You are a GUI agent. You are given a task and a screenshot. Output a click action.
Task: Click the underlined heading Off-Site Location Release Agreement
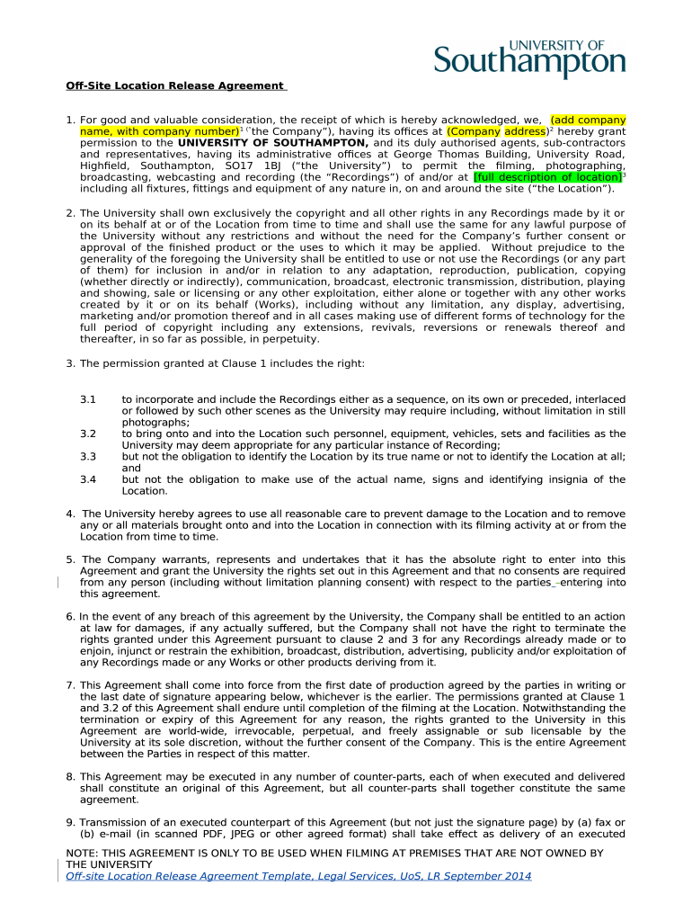click(174, 85)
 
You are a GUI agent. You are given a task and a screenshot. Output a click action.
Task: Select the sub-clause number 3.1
click(87, 398)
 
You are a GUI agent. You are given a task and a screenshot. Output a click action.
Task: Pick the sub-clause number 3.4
click(87, 480)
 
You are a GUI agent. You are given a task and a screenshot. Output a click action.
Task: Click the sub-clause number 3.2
click(87, 434)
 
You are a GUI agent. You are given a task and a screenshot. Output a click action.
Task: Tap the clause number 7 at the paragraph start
click(69, 685)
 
